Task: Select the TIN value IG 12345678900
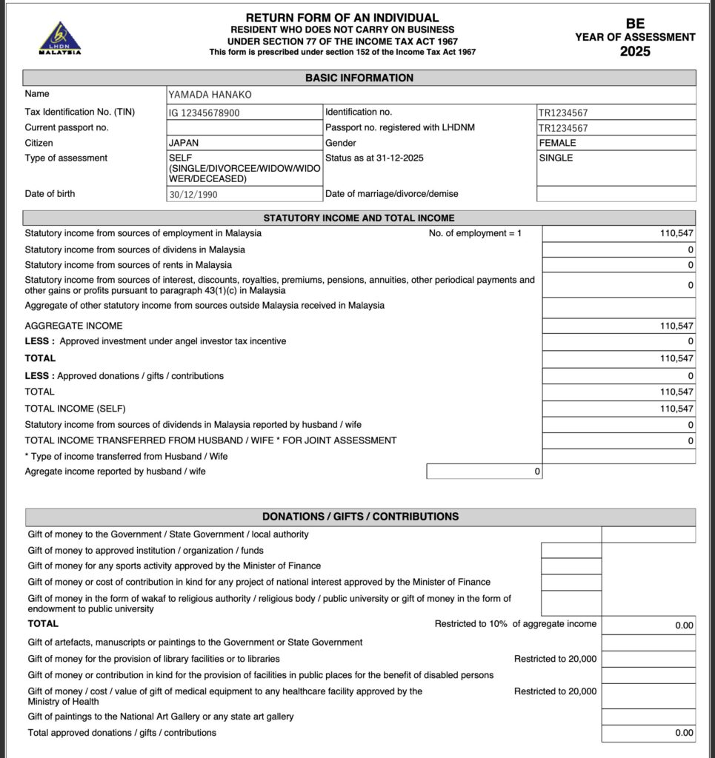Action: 204,113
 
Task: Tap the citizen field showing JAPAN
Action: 184,143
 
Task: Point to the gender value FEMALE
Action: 557,143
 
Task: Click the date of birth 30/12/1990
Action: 193,195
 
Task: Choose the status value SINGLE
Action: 556,158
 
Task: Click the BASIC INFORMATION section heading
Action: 359,78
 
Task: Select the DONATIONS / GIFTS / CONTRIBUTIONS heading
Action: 360,517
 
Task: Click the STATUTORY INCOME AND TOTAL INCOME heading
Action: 359,218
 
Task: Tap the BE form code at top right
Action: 635,24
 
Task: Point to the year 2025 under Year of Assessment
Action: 635,52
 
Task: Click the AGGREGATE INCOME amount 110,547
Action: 676,326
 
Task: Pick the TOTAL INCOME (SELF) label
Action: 76,409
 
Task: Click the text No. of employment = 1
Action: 475,233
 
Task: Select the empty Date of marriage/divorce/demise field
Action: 616,194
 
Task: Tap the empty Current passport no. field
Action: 244,127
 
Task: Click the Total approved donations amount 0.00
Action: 684,733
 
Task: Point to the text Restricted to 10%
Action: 470,624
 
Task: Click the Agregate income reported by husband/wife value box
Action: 484,472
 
